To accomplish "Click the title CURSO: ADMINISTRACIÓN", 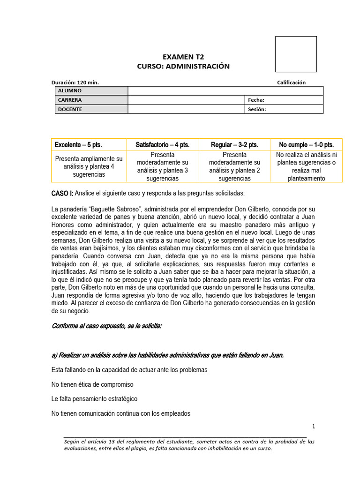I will pyautogui.click(x=183, y=66).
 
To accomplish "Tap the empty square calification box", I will pyautogui.click(x=295, y=54).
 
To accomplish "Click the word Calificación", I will pyautogui.click(x=291, y=82).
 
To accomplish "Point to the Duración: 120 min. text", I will pyautogui.click(x=75, y=82).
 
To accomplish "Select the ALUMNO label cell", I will pyautogui.click(x=91, y=90).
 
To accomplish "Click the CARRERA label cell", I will pyautogui.click(x=91, y=100).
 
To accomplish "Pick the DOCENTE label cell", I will pyautogui.click(x=91, y=109).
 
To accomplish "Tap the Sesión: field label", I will pyautogui.click(x=257, y=109).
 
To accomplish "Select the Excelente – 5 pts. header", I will pyautogui.click(x=78, y=144).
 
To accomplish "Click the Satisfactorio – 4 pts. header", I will pyautogui.click(x=163, y=144).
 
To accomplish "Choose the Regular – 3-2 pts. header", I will pyautogui.click(x=234, y=144).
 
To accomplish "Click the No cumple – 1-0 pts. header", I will pyautogui.click(x=307, y=144).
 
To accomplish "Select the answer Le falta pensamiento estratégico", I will pyautogui.click(x=94, y=399).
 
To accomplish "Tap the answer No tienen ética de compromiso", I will pyautogui.click(x=92, y=384).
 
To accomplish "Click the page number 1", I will pyautogui.click(x=314, y=426).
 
